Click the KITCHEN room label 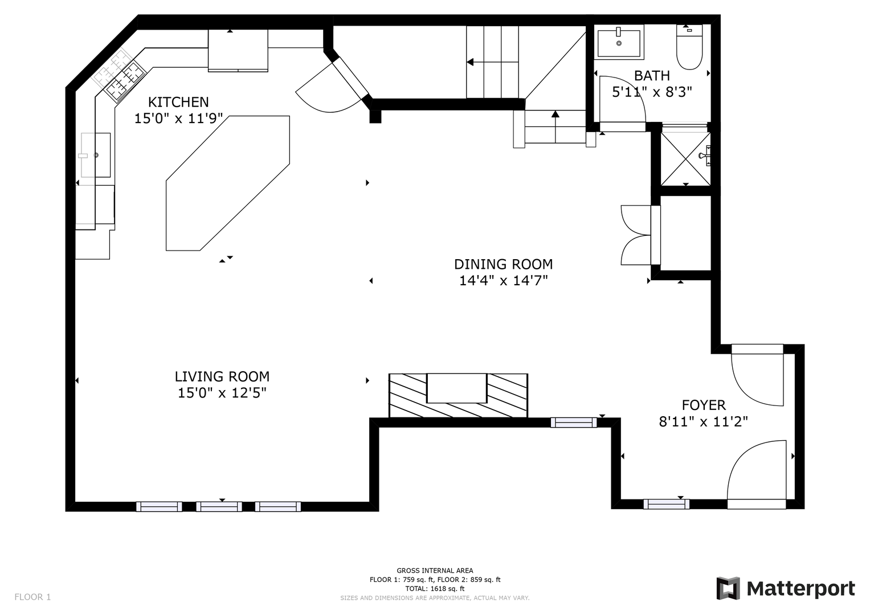pos(178,102)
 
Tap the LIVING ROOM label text pos(222,376)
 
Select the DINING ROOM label pos(503,264)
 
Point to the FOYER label pos(704,405)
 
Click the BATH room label pos(652,76)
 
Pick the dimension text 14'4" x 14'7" pos(503,281)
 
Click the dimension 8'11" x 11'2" pos(704,421)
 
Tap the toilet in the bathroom pos(689,47)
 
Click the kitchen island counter pos(227,183)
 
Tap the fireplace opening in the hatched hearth pos(457,388)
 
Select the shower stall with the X pos(686,159)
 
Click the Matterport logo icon pos(728,589)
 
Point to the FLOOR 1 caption pos(32,597)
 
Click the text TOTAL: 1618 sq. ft pos(435,589)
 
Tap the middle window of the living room pos(219,506)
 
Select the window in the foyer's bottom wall pos(667,504)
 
